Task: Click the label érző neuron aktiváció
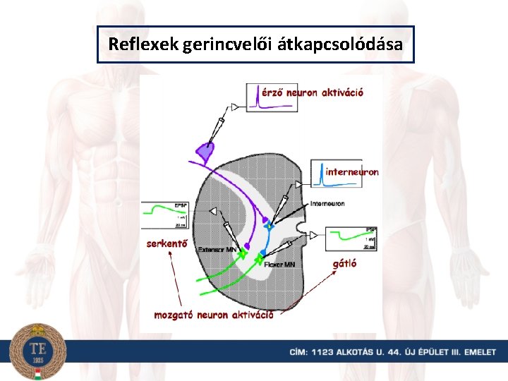(313, 92)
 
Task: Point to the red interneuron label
(352, 171)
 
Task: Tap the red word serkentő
(167, 244)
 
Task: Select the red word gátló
(344, 264)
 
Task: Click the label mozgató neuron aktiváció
(213, 315)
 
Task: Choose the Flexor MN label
(279, 265)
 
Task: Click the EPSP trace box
(165, 214)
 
